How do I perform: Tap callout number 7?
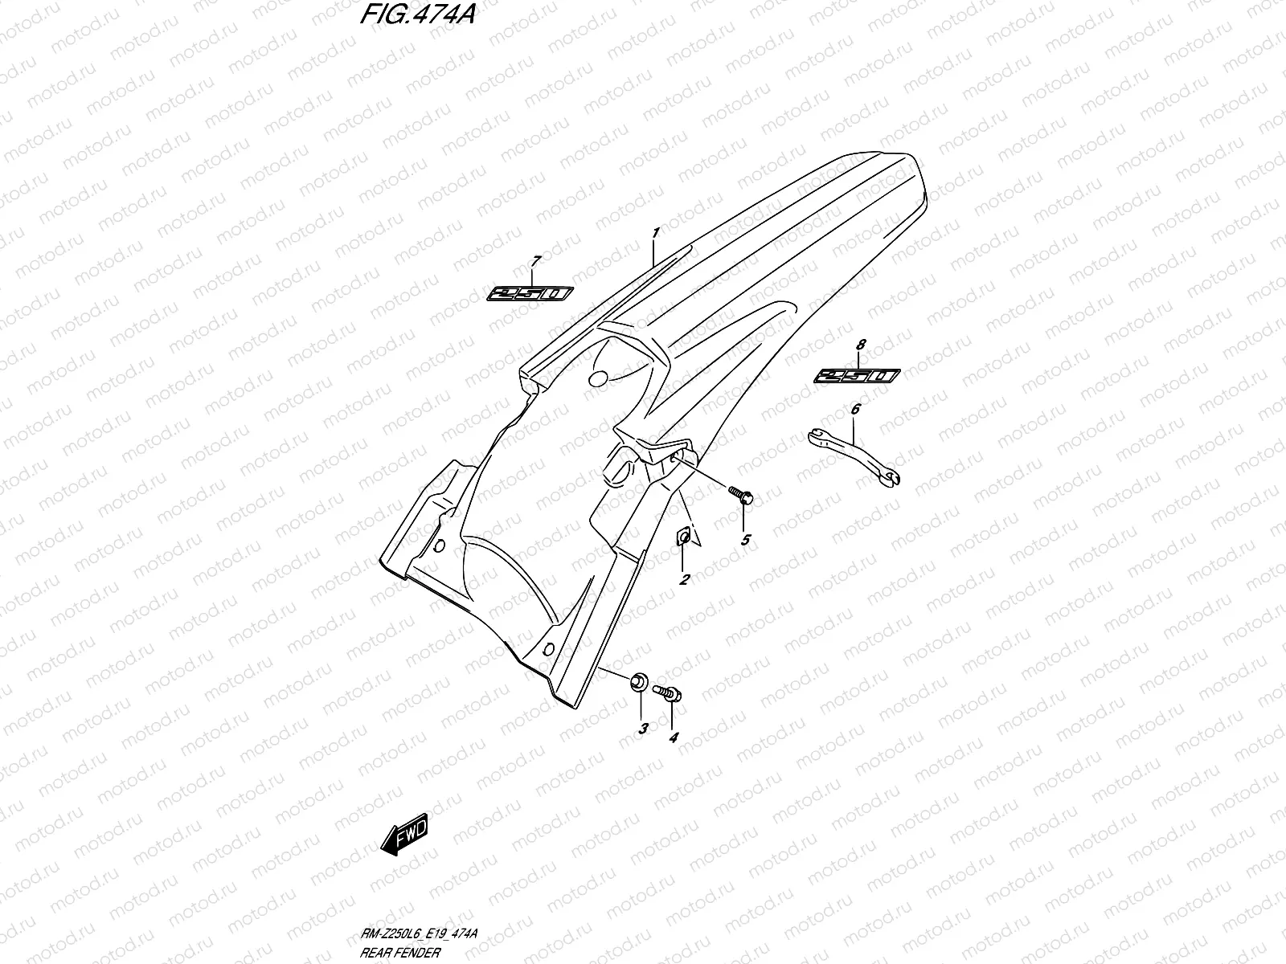(537, 260)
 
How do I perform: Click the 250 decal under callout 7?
(530, 294)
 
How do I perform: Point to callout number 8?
(861, 345)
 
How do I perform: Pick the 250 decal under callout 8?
(857, 376)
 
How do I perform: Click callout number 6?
(855, 410)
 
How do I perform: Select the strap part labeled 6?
(854, 459)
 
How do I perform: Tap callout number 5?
(745, 539)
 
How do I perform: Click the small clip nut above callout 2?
(683, 536)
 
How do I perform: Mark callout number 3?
(642, 729)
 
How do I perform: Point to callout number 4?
(674, 736)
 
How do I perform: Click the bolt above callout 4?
(668, 691)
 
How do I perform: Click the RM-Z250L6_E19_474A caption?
(421, 933)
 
